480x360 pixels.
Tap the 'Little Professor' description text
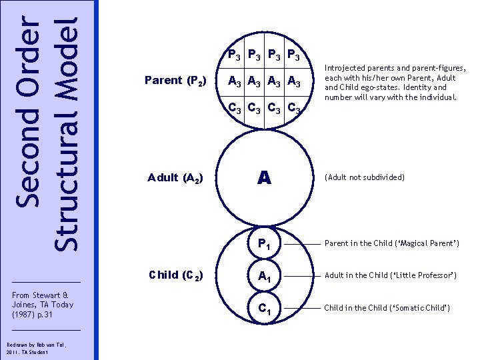(391, 275)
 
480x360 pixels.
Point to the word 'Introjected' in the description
(343, 67)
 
